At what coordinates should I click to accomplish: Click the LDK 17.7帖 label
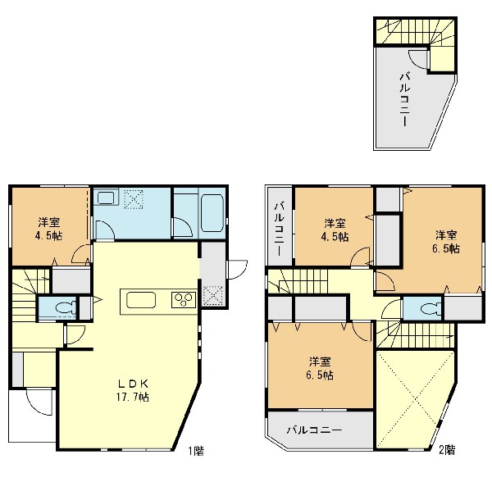tap(132, 391)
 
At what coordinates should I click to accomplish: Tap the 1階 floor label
tap(196, 451)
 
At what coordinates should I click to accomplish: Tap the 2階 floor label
tap(447, 450)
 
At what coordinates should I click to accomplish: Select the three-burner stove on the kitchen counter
tap(184, 300)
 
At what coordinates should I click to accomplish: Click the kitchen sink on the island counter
tap(141, 300)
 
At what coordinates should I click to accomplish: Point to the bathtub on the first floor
tap(212, 212)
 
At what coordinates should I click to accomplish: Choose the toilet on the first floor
tap(65, 307)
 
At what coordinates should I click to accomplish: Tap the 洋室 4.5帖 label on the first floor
tap(49, 229)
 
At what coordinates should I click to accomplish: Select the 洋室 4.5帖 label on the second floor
tap(335, 230)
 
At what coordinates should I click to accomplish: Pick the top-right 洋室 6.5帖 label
tap(446, 242)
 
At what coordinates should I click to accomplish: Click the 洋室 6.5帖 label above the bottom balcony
tap(320, 368)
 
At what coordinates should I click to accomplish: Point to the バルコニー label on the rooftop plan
tap(405, 99)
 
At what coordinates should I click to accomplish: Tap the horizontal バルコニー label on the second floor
tap(314, 430)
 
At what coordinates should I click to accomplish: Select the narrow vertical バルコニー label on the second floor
tap(279, 229)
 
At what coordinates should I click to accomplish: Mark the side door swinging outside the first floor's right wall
tap(238, 269)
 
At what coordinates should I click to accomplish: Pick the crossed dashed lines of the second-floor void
tap(416, 399)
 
